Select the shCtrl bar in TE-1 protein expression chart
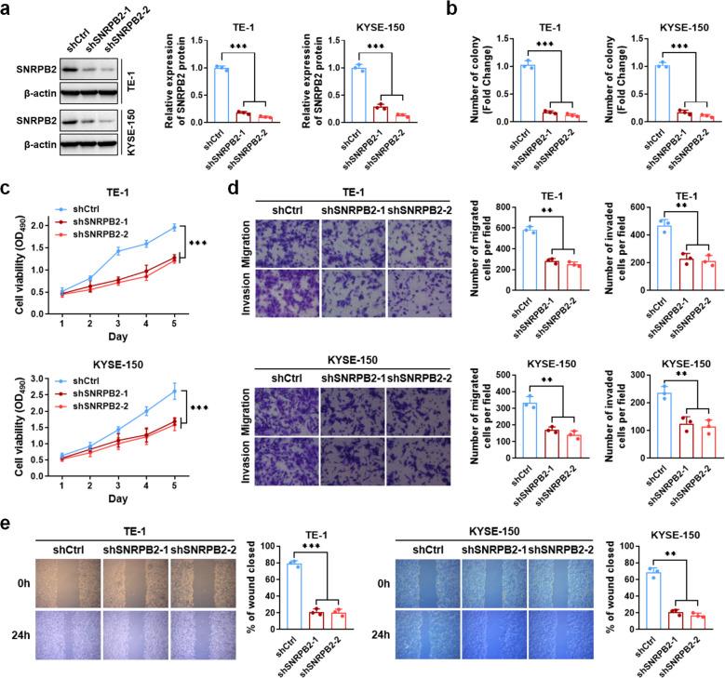[222, 94]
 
